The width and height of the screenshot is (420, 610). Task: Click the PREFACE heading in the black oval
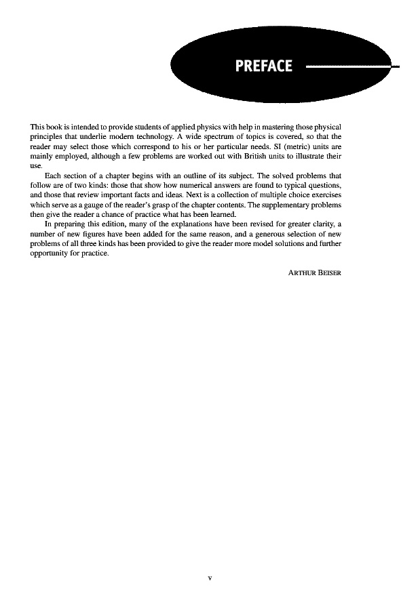(x=263, y=66)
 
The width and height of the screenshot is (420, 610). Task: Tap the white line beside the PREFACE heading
(x=346, y=66)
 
